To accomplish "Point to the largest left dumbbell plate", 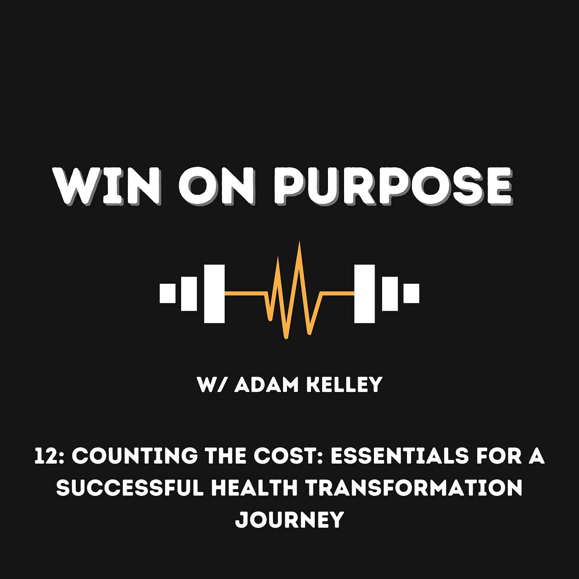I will [x=214, y=294].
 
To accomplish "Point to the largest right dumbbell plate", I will [x=364, y=294].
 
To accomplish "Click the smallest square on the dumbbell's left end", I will [x=167, y=293].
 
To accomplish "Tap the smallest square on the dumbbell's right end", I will [x=411, y=293].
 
